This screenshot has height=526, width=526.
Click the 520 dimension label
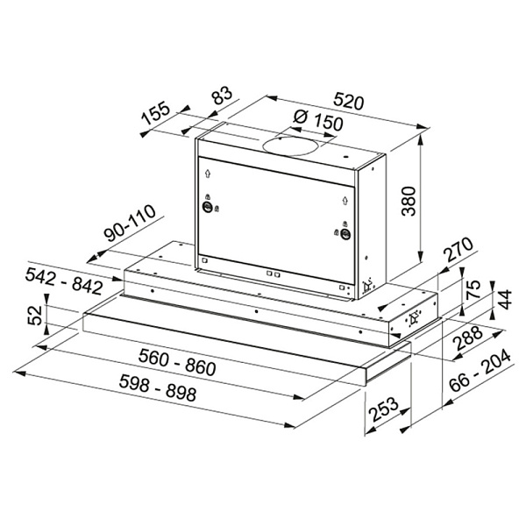(x=349, y=102)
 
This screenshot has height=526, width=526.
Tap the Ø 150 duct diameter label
(x=318, y=121)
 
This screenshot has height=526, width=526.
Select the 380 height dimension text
(x=409, y=201)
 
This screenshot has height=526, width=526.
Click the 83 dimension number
(x=222, y=96)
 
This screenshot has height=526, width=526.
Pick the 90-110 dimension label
(x=130, y=223)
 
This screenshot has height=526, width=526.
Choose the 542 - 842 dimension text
(x=64, y=281)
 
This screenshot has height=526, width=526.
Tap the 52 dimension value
(x=35, y=315)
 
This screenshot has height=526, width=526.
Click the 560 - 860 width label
(x=177, y=362)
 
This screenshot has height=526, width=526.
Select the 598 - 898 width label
(x=158, y=388)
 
